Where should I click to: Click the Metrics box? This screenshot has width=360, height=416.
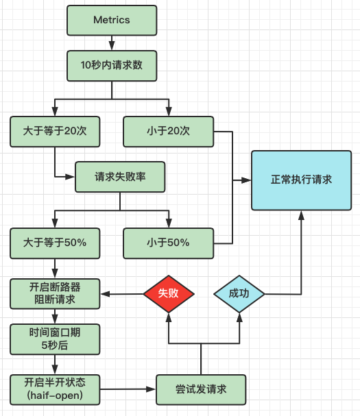click(x=112, y=21)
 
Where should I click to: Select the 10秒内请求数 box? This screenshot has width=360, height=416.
click(x=112, y=66)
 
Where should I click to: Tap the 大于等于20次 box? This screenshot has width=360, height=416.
click(x=55, y=132)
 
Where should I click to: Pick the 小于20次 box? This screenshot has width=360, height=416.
click(x=168, y=132)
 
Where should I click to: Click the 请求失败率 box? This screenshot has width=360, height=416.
click(x=120, y=177)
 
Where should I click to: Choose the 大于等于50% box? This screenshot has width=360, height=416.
click(x=55, y=243)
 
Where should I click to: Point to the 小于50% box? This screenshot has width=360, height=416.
click(x=168, y=243)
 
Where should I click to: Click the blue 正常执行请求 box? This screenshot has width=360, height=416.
click(x=301, y=180)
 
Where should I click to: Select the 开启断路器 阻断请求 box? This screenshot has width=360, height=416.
click(x=55, y=294)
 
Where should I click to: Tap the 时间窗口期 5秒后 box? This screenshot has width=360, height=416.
click(x=55, y=339)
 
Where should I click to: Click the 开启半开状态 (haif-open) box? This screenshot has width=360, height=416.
click(x=55, y=390)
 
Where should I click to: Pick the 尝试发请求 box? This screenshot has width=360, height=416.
click(x=201, y=390)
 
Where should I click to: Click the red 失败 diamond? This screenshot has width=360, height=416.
click(x=169, y=294)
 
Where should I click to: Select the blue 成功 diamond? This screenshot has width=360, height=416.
click(x=239, y=294)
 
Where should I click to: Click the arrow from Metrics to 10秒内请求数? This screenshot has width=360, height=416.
click(x=112, y=43)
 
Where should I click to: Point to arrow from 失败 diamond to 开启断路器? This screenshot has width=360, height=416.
click(x=122, y=294)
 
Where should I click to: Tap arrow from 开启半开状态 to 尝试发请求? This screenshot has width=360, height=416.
click(x=128, y=389)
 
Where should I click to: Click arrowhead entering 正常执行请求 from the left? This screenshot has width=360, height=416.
click(x=246, y=180)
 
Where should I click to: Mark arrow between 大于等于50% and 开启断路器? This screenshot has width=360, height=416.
click(x=55, y=268)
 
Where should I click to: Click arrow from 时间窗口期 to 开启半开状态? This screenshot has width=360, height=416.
click(x=55, y=365)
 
